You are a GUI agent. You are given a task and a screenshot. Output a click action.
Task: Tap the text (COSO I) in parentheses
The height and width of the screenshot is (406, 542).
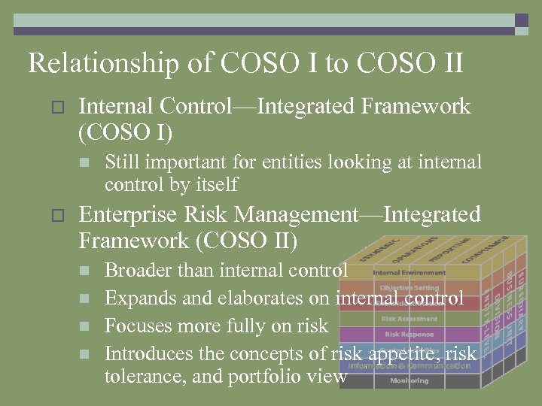(125, 133)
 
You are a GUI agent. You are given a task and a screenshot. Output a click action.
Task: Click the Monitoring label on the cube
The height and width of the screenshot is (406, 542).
(410, 380)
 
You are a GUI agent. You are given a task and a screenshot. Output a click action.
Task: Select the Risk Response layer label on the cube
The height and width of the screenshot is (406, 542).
(410, 334)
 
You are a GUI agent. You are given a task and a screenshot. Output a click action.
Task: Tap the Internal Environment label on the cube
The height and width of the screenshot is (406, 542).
(410, 272)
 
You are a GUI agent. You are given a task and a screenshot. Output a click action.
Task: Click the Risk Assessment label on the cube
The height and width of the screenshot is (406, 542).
(410, 319)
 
